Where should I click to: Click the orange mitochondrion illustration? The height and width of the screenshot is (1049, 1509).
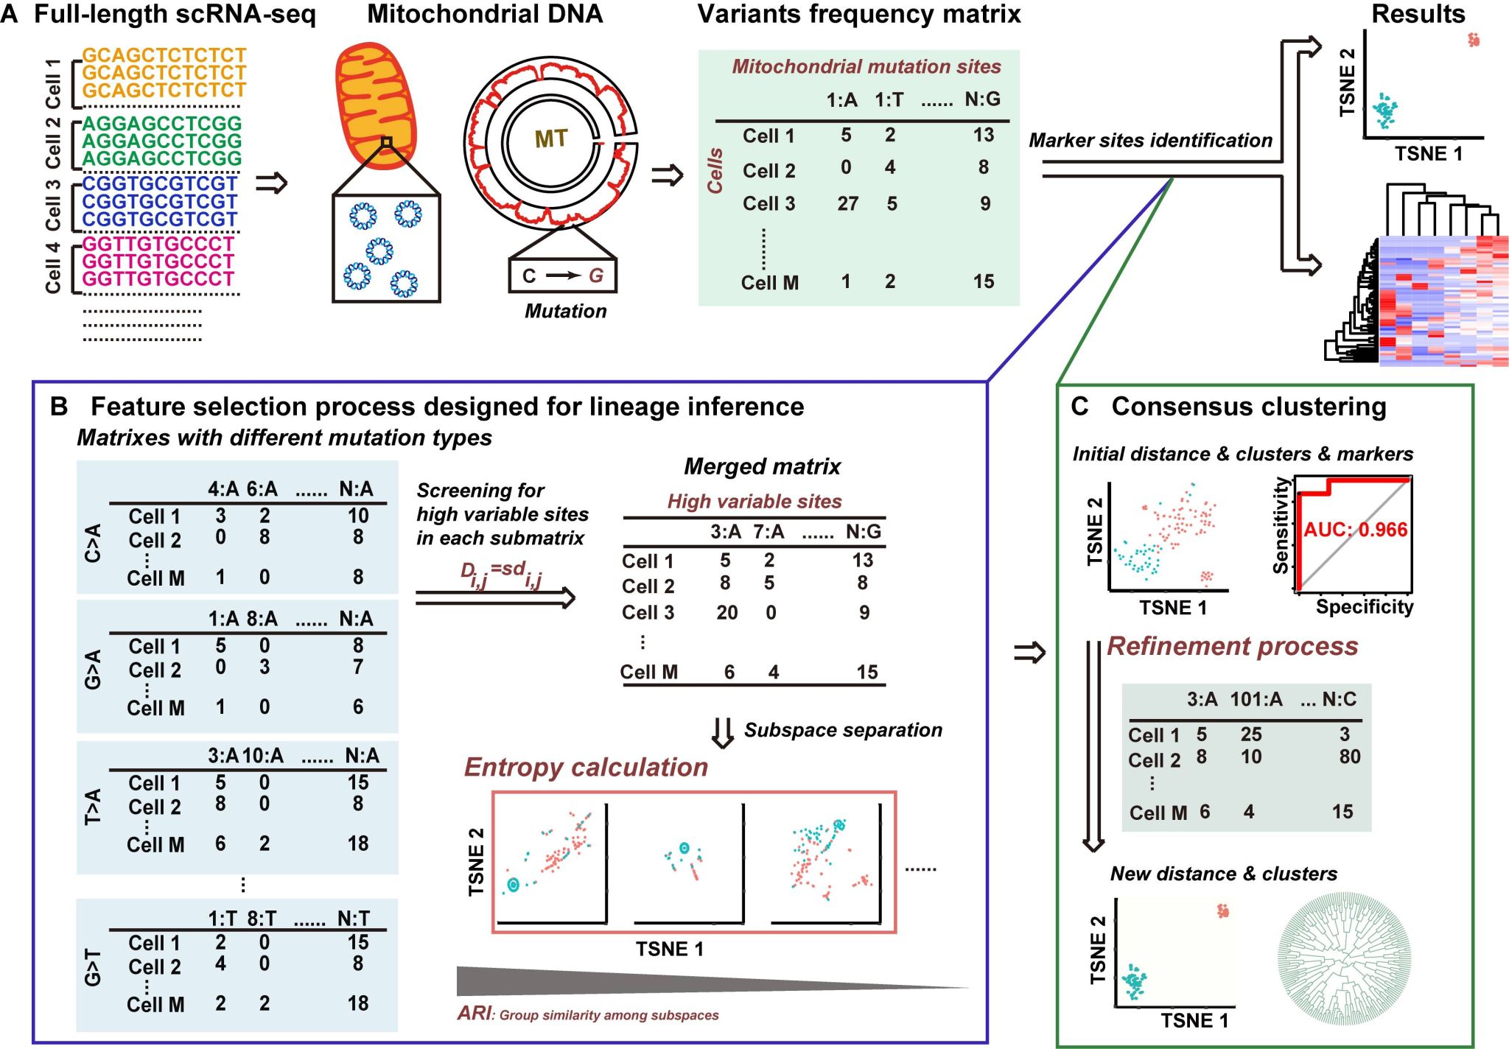[x=376, y=103]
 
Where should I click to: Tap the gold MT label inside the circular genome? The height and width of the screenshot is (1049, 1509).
[x=551, y=138]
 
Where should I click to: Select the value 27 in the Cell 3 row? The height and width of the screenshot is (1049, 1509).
[x=847, y=203]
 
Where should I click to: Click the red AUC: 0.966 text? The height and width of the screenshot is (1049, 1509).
[x=1356, y=530]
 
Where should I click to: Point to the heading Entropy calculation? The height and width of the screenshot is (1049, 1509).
[x=586, y=768]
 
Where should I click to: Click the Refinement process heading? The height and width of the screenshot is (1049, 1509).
[x=1232, y=646]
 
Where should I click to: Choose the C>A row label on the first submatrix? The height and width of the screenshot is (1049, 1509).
[x=93, y=543]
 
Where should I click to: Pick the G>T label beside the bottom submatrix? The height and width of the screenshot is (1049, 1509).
[x=93, y=967]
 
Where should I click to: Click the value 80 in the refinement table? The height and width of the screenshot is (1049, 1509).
[x=1349, y=757]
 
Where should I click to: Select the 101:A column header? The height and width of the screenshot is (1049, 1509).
[x=1256, y=699]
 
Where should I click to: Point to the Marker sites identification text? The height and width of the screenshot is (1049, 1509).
[x=1150, y=140]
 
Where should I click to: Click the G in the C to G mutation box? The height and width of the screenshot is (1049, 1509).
[x=595, y=276]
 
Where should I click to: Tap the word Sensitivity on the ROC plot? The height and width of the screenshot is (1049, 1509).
[x=1281, y=525]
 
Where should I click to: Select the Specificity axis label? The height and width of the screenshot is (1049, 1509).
[x=1365, y=607]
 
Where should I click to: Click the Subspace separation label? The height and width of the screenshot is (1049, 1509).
[x=843, y=730]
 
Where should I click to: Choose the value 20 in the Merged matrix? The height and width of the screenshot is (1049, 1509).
[x=727, y=613]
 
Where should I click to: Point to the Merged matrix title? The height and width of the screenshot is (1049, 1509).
[x=762, y=466]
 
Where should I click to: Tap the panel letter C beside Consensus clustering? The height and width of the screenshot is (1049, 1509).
[x=1079, y=407]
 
